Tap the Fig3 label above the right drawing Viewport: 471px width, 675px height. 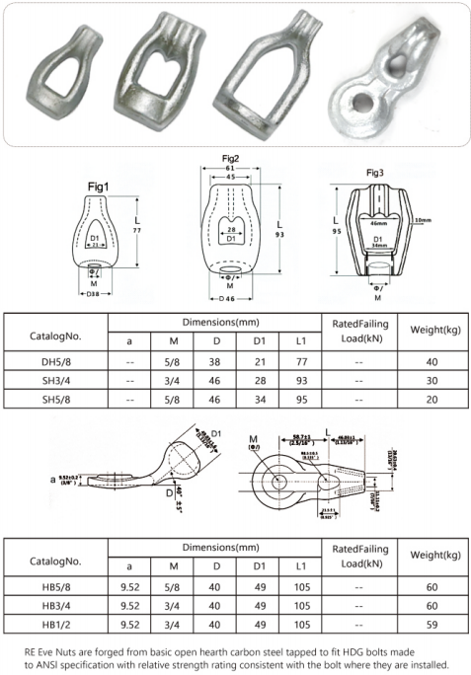coord(374,173)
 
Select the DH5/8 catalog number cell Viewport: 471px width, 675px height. coord(57,361)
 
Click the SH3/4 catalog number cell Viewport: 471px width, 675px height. coord(57,380)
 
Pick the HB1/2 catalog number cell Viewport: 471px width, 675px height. coord(57,623)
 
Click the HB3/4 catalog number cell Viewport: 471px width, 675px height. coord(57,604)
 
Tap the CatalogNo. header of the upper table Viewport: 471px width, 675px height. coord(57,333)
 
